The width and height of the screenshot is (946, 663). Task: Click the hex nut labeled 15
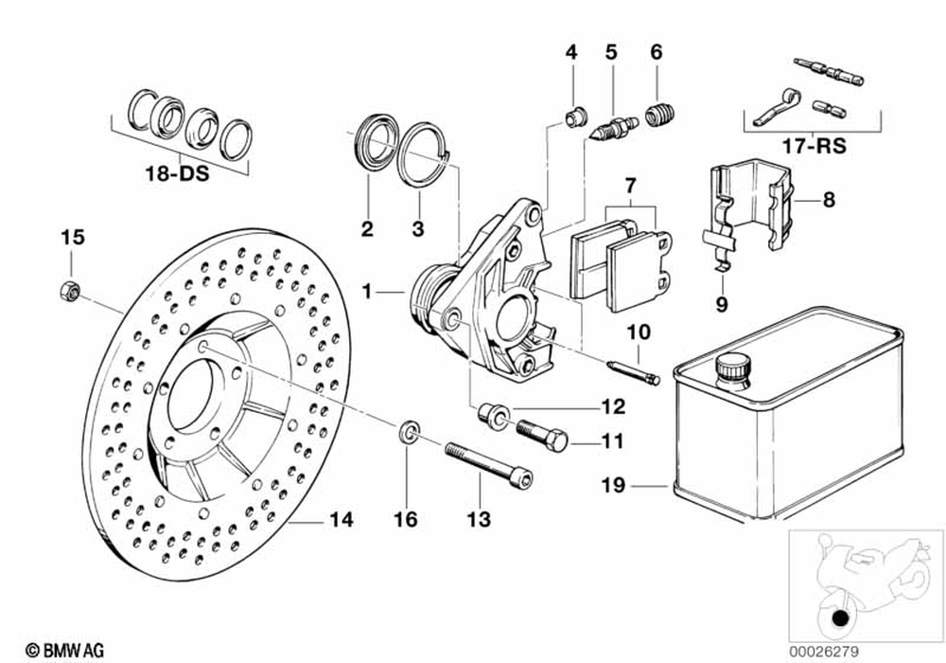pos(70,291)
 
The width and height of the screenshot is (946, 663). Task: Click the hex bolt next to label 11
pos(542,433)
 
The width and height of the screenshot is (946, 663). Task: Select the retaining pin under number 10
pos(634,371)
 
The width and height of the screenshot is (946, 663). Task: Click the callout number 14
pos(341,520)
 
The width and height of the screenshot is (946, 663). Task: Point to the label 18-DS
pos(177,174)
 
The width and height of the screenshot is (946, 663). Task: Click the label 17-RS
pos(814,146)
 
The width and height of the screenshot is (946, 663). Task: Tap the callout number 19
pos(614,485)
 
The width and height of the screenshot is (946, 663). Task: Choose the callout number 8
pos(829,199)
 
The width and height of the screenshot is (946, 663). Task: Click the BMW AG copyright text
pos(64,651)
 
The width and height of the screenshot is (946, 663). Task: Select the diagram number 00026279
pos(824,653)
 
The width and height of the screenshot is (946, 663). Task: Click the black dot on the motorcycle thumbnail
pos(839,618)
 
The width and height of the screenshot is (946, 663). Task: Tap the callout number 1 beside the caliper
pos(367,292)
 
